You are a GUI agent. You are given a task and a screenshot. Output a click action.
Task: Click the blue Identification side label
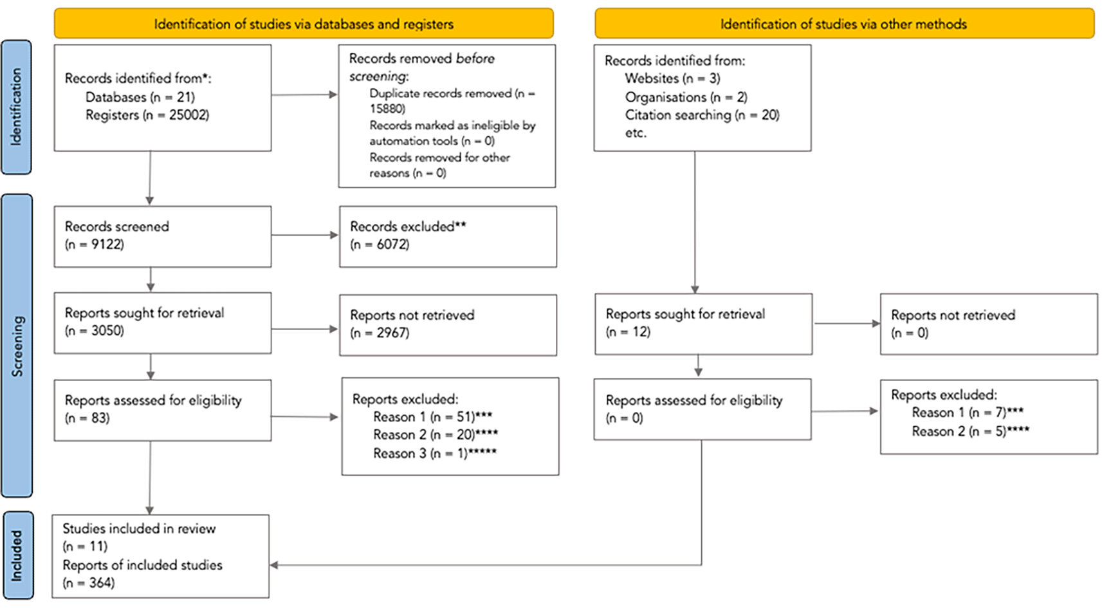16,107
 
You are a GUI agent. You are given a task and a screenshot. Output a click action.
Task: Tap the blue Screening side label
17,346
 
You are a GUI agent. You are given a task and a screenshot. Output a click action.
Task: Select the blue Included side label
18,555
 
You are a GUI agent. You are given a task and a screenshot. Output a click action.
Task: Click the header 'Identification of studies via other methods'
844,24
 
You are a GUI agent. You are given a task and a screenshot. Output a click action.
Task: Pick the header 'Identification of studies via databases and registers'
304,24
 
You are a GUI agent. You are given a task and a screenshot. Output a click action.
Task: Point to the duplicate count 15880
388,109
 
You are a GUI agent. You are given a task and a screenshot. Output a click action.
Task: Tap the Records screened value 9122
107,244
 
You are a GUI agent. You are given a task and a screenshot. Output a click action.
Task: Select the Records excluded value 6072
392,244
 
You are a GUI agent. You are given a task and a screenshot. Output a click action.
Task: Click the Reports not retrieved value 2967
392,333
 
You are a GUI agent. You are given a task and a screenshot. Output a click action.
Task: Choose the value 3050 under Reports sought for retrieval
107,330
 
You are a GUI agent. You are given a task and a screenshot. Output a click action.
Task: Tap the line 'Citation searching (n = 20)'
702,115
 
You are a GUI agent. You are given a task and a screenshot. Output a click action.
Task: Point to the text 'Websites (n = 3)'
672,79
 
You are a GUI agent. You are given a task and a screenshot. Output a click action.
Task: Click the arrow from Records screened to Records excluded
304,235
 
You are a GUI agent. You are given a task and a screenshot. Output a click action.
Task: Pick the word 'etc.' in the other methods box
636,133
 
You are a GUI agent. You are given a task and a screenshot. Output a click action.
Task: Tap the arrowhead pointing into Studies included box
274,565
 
